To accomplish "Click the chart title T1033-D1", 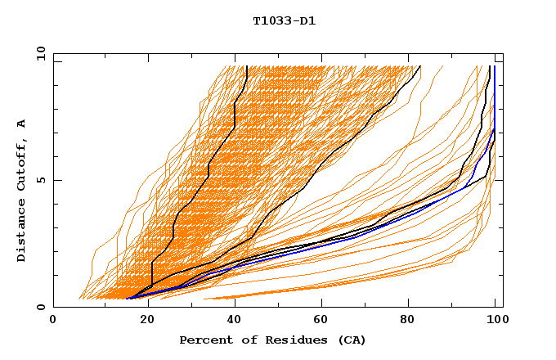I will [x=284, y=21].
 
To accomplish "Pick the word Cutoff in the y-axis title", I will [x=22, y=163].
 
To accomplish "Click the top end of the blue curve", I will [x=495, y=66].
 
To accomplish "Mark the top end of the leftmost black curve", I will [x=246, y=66].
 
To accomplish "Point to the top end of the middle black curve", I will [x=420, y=66].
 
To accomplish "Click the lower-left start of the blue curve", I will [x=128, y=299].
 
